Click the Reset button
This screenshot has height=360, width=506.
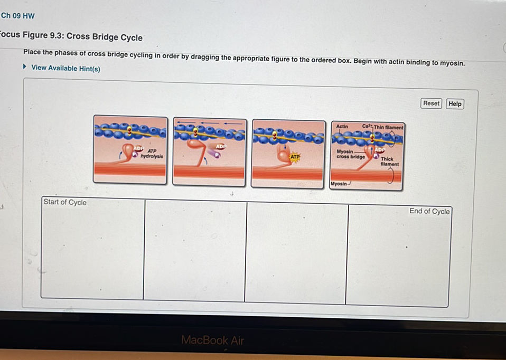pyautogui.click(x=431, y=103)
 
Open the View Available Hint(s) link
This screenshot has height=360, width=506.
pyautogui.click(x=65, y=68)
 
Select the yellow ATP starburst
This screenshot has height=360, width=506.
pyautogui.click(x=295, y=157)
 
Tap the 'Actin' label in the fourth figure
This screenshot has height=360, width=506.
pyautogui.click(x=342, y=127)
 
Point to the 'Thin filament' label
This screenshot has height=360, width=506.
pyautogui.click(x=389, y=127)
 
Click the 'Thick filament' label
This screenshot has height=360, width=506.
pyautogui.click(x=389, y=161)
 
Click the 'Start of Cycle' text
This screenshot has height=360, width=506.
pyautogui.click(x=65, y=202)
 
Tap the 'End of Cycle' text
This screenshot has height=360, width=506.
pyautogui.click(x=429, y=211)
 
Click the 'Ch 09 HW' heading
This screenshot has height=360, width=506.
pyautogui.click(x=18, y=16)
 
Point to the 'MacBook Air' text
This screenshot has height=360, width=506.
pyautogui.click(x=212, y=340)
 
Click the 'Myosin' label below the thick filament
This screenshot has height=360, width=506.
pyautogui.click(x=339, y=184)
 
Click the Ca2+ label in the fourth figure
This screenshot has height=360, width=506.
pyautogui.click(x=368, y=127)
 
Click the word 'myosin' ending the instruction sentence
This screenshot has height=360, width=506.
pyautogui.click(x=451, y=63)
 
